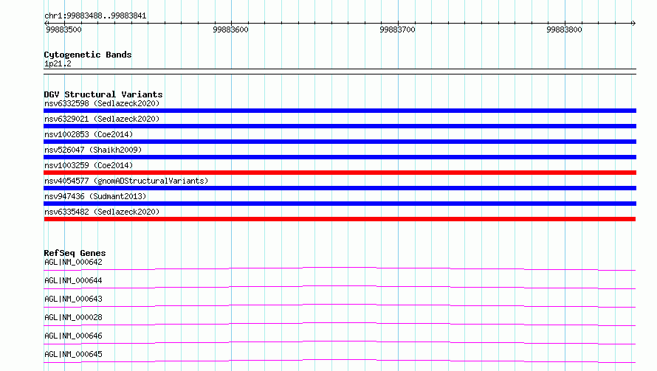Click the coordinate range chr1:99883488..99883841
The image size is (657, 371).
tap(95, 16)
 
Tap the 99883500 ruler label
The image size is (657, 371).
tap(63, 30)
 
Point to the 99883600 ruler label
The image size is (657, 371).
tap(230, 30)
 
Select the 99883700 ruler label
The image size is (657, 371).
tap(397, 30)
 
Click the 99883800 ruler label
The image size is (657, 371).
tap(564, 30)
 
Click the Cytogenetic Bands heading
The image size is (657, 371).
tap(88, 55)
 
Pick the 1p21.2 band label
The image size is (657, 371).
tap(58, 63)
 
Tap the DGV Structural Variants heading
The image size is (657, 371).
tap(103, 94)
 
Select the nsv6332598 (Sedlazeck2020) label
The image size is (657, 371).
tap(102, 103)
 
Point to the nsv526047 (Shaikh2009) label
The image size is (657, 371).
tap(93, 150)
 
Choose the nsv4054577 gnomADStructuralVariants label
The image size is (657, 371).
tap(126, 181)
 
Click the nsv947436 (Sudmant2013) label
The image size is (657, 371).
tap(95, 196)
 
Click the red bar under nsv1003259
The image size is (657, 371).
tap(340, 173)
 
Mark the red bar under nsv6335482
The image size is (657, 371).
tap(340, 219)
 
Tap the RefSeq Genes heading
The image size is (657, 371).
tap(75, 253)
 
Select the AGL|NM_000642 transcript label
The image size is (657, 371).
tap(73, 262)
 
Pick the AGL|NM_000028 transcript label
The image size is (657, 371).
tap(73, 317)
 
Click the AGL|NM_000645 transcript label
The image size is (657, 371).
tap(73, 354)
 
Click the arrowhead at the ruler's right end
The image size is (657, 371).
tap(634, 23)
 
